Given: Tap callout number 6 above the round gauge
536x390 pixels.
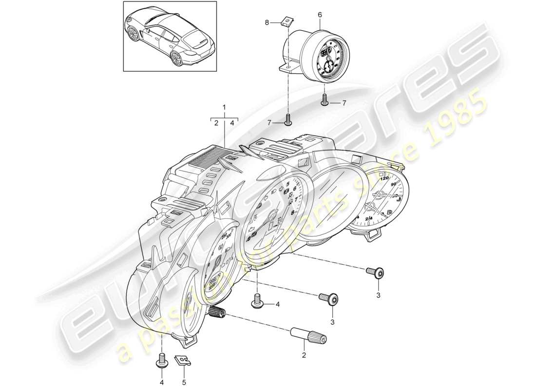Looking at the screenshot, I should click(x=320, y=15).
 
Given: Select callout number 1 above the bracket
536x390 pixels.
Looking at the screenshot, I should click(x=224, y=107).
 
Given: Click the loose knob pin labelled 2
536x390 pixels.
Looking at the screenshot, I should click(x=308, y=335).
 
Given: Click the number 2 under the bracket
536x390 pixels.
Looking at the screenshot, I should click(x=216, y=124).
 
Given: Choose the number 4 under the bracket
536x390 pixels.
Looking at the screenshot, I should click(x=232, y=124).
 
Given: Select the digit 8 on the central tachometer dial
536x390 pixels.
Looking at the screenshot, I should click(x=293, y=213).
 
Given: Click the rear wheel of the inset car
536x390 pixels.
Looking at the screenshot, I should click(x=176, y=58).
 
